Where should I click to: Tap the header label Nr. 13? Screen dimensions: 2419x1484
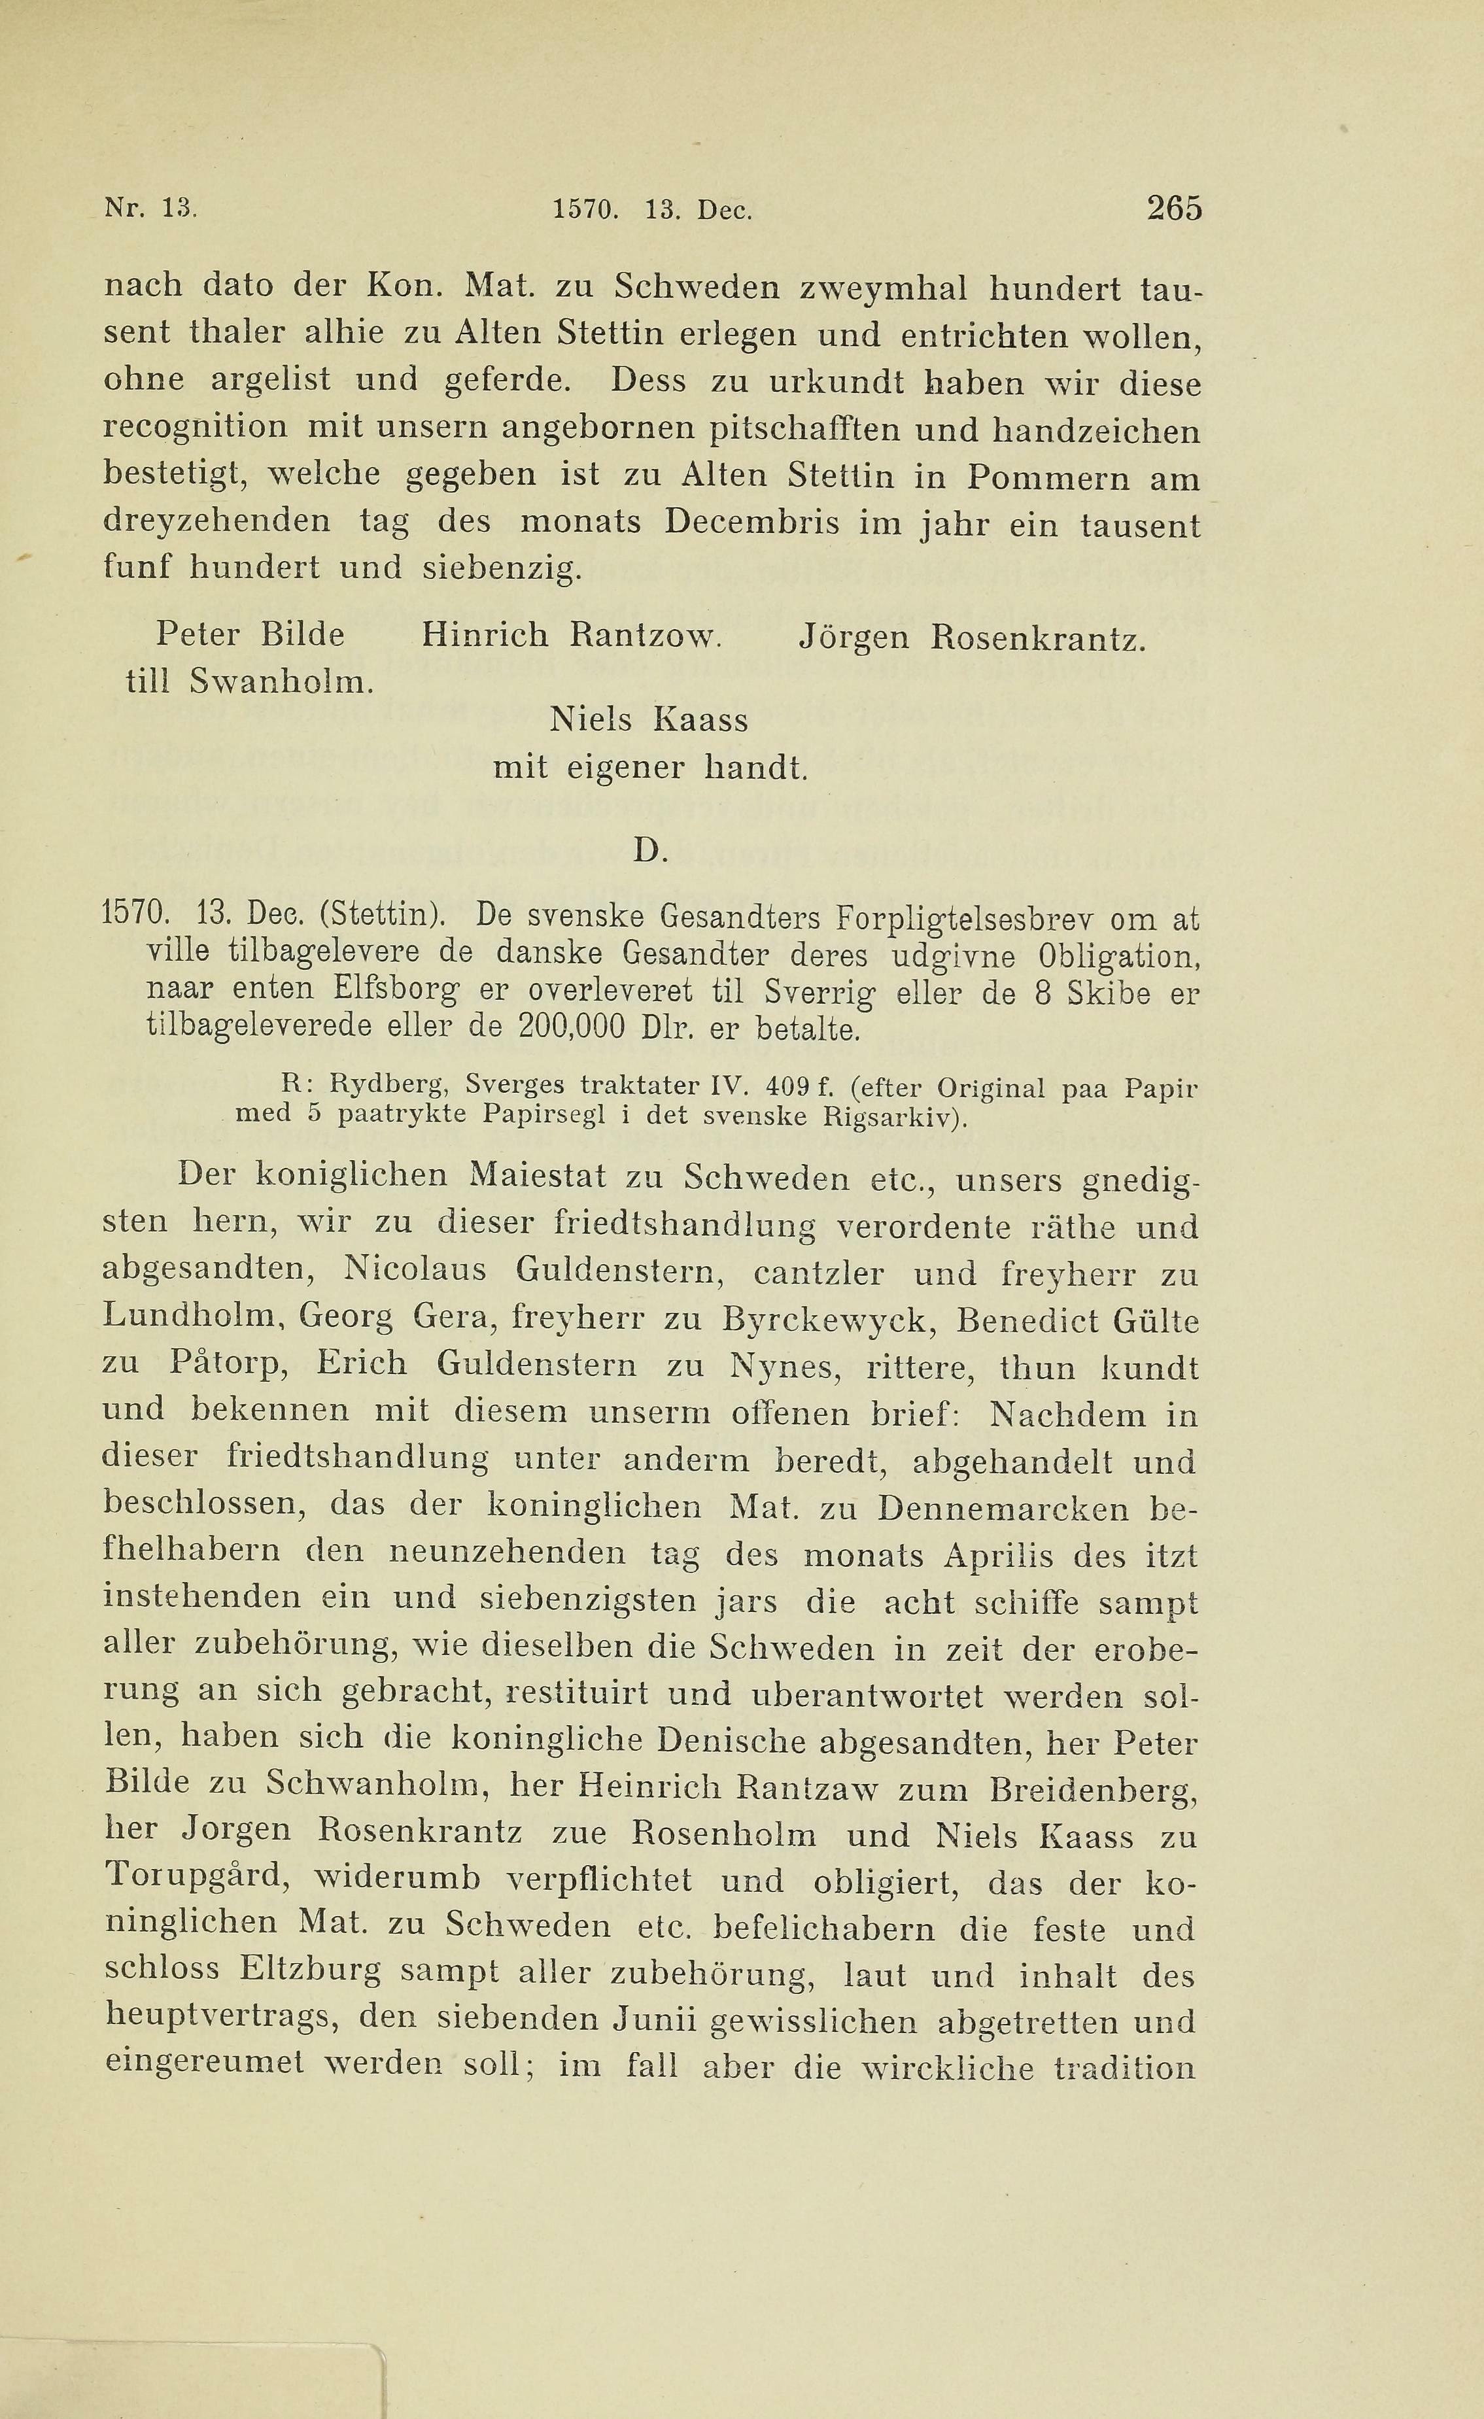click(x=151, y=209)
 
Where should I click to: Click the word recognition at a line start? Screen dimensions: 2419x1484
click(x=196, y=428)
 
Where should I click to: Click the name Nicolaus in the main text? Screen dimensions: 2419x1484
click(x=415, y=1271)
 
